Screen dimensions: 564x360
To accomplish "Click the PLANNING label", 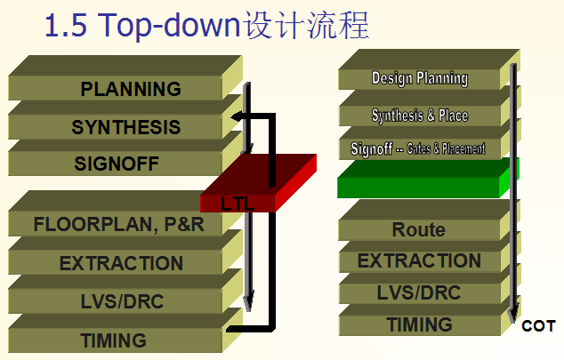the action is (x=131, y=89).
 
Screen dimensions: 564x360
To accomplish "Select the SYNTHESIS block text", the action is (x=126, y=127).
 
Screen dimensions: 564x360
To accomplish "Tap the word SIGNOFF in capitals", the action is (x=117, y=164).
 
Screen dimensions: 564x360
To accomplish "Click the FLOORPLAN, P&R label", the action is (x=118, y=224).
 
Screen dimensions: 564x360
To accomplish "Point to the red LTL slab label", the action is (x=238, y=204).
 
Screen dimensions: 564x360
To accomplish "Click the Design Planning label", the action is (x=420, y=78).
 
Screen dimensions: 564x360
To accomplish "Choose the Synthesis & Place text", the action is (x=420, y=116).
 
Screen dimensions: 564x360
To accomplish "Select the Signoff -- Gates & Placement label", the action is (x=418, y=148).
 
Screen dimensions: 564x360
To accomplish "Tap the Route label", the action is (x=419, y=229).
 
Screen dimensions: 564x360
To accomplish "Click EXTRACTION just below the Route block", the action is (x=419, y=260).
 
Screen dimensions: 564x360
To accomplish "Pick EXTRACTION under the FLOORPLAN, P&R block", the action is (x=121, y=263).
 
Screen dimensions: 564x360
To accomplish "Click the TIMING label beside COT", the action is (x=419, y=324).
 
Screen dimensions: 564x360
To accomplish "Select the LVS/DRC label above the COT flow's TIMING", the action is (x=419, y=292).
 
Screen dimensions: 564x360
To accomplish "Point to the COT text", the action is (x=538, y=326).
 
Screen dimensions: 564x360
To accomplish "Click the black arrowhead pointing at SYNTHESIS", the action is (x=236, y=116).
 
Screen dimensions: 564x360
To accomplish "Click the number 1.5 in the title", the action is (x=66, y=25).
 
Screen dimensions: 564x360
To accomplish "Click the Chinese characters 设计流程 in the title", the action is (x=306, y=25).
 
